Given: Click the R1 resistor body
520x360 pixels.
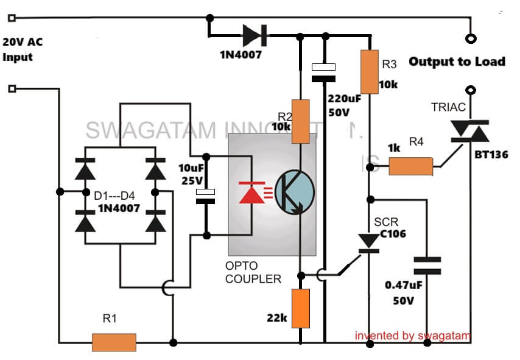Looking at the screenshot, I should click(114, 342).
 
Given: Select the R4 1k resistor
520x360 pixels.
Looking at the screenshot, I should click(410, 166).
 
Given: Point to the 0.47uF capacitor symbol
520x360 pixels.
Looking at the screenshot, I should click(426, 266).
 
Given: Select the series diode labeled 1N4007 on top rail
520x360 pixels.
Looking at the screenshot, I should click(252, 35).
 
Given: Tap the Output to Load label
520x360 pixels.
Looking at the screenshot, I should click(457, 62).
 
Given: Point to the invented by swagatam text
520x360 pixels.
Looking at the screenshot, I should click(412, 335).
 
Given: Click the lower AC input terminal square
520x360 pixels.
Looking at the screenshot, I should click(12, 89).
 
